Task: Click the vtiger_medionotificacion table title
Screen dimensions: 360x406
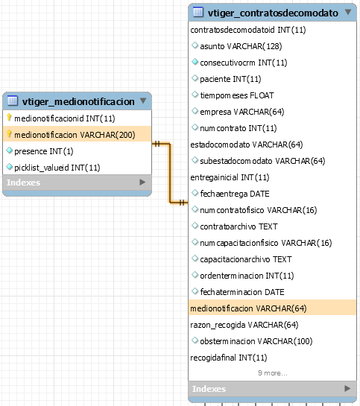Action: pos(78,102)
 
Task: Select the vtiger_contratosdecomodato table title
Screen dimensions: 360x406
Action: pos(273,13)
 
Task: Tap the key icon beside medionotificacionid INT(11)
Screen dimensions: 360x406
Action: pos(9,118)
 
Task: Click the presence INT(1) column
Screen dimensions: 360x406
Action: pos(44,151)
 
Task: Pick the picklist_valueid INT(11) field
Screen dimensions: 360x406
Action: pos(57,168)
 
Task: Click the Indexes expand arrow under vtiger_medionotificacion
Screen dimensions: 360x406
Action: pos(142,183)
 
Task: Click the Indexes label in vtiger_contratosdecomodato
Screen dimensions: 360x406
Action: pos(209,389)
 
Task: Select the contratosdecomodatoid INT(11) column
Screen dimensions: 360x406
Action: pos(248,30)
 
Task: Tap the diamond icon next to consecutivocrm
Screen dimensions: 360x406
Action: pos(195,62)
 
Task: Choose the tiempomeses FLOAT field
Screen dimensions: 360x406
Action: pos(237,95)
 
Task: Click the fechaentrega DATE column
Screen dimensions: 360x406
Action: pos(235,194)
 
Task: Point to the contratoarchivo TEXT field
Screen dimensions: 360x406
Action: pos(239,226)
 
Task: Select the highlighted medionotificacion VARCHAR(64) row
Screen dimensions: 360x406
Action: pos(272,308)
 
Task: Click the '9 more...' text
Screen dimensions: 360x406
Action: pos(273,373)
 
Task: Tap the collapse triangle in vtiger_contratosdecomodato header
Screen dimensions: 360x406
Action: pos(348,12)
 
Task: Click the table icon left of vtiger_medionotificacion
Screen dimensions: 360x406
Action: pos(13,101)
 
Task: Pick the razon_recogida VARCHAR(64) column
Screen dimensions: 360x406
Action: pos(244,325)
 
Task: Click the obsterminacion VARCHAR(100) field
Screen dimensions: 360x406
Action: pos(256,341)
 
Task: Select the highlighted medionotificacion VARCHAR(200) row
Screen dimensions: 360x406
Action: pos(78,134)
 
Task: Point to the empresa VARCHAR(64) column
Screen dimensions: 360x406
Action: pos(242,112)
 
